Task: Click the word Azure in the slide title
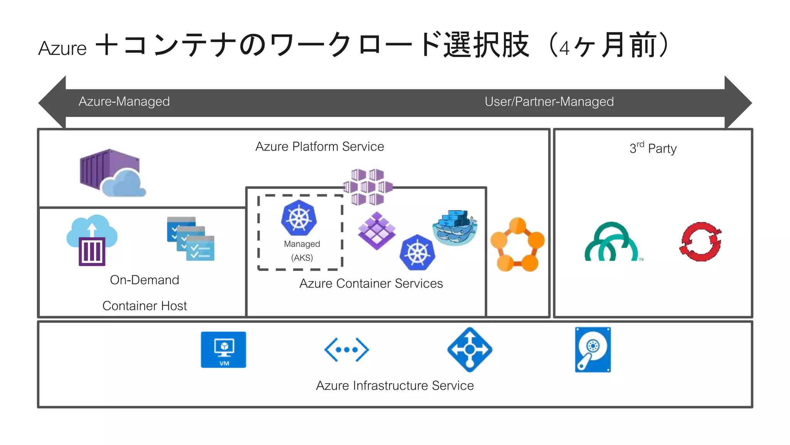point(62,49)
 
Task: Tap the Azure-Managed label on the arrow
point(124,102)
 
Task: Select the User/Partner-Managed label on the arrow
point(549,102)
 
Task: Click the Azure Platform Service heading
point(319,147)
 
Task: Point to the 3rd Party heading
point(653,148)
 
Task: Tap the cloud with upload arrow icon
point(92,240)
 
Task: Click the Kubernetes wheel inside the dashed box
point(299,218)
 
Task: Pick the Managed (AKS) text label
point(302,251)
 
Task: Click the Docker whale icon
point(455,228)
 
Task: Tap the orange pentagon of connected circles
point(517,245)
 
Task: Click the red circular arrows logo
point(701,242)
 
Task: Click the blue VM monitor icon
point(223,350)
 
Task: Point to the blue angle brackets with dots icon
point(346,350)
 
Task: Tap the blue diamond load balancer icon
point(469,350)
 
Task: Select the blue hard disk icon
point(592,350)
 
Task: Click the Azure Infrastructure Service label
point(395,386)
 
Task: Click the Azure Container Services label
point(371,284)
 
